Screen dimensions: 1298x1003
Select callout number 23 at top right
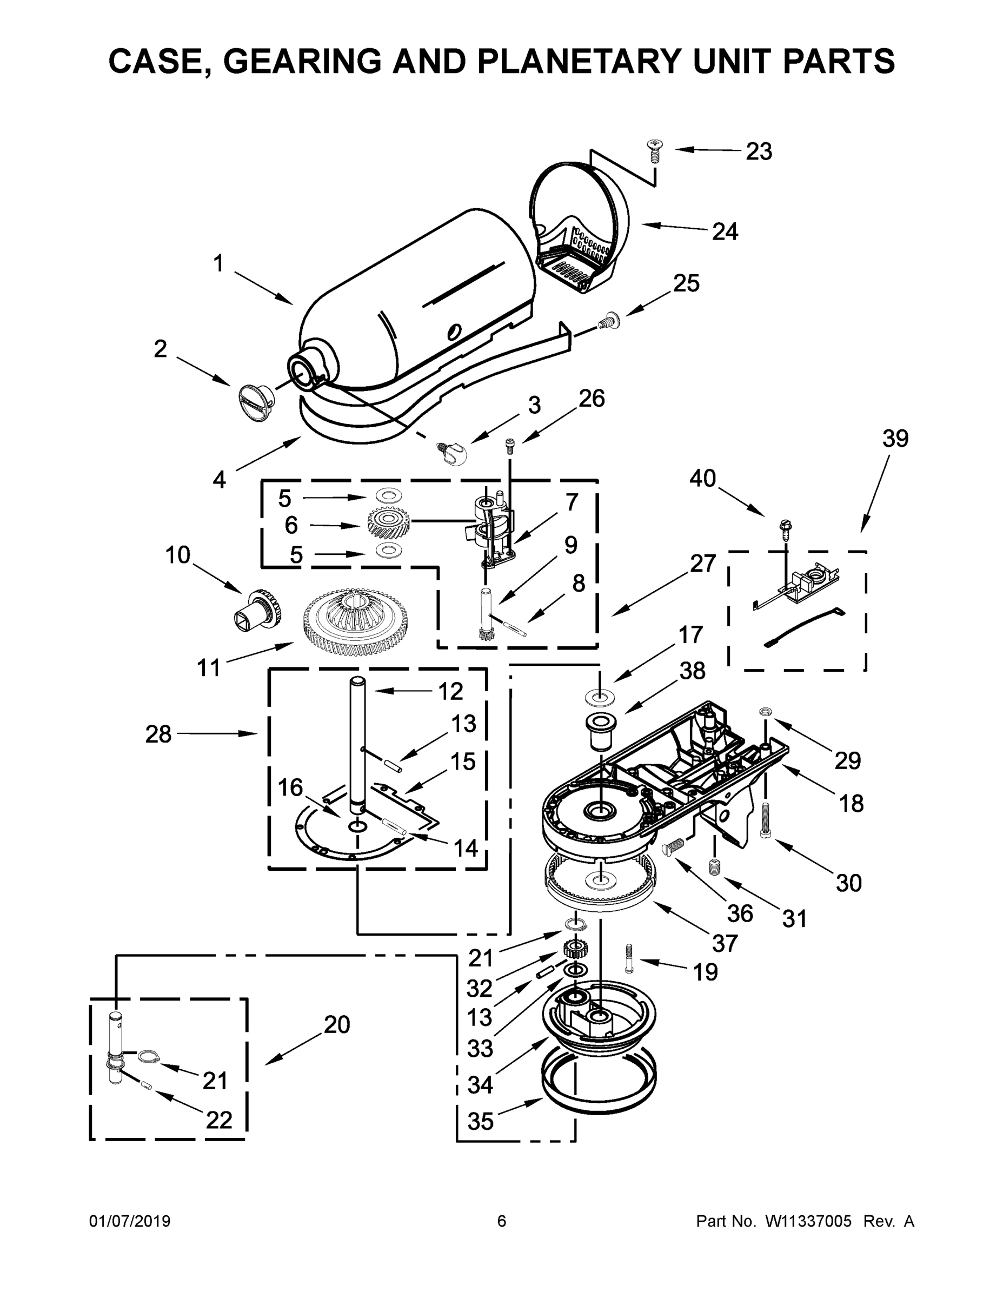759,151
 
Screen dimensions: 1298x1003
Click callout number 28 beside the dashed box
158,734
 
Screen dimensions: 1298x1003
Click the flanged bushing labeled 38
599,731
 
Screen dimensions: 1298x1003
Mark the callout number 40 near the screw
702,479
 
